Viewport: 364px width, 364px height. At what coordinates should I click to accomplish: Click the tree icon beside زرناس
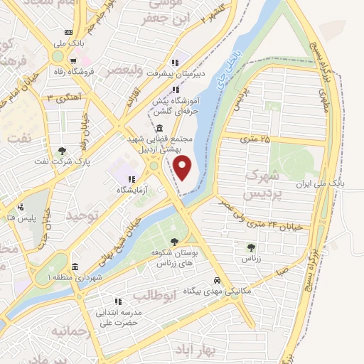point(250,247)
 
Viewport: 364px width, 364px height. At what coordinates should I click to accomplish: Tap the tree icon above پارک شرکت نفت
point(63,151)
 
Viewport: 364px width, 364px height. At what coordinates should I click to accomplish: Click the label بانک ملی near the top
point(68,44)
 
